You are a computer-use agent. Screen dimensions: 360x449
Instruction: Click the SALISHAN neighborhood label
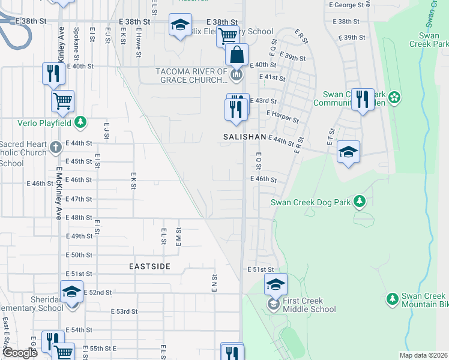[244, 137]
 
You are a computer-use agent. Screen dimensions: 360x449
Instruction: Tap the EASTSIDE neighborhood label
[149, 266]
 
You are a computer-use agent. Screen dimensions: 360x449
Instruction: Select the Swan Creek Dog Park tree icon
[359, 202]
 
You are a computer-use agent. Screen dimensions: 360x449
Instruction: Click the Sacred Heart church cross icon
[55, 146]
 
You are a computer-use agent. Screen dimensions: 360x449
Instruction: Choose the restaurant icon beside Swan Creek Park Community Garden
[362, 98]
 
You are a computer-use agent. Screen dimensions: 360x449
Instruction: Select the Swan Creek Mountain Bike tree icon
[393, 298]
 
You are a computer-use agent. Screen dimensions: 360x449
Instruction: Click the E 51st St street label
[261, 270]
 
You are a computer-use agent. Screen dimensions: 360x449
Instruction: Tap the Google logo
[20, 353]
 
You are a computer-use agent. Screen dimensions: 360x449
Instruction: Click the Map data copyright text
[423, 355]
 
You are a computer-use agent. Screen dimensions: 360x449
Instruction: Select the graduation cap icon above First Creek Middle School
[276, 284]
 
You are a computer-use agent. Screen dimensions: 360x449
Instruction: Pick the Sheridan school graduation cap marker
[71, 293]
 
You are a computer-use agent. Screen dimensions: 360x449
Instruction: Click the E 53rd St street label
[125, 311]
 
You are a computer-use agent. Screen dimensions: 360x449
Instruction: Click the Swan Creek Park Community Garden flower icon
[394, 97]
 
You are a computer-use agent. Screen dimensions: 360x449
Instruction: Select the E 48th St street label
[79, 218]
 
